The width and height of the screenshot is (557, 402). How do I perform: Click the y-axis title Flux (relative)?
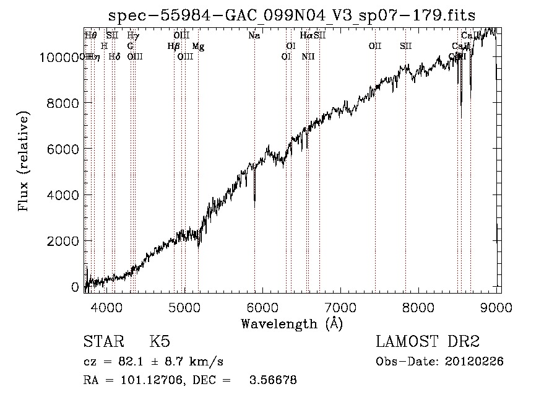point(24,162)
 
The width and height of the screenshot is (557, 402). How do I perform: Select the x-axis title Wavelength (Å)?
point(291,323)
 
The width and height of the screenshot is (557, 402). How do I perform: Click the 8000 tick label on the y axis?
point(65,103)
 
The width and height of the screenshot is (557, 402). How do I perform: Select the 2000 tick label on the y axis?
point(65,241)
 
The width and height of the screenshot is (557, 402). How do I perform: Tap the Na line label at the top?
point(254,36)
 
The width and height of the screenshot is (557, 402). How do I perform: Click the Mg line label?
point(198,46)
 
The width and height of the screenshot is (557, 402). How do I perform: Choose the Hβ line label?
point(174,46)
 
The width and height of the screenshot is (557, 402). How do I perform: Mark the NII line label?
point(308,57)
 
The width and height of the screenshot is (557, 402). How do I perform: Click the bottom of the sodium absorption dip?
point(254,199)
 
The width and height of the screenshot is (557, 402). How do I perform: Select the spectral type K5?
point(160,342)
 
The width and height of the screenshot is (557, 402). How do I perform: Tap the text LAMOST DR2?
point(427,342)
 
